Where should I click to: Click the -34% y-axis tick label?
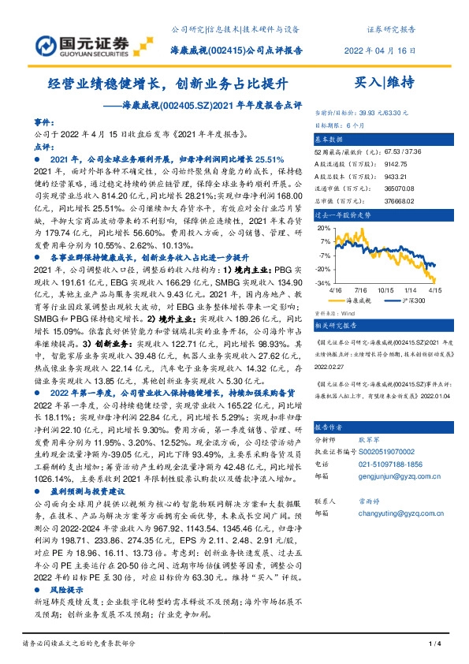(x=323, y=283)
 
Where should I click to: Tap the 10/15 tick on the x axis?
(x=387, y=290)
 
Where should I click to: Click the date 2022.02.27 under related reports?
(x=330, y=365)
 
